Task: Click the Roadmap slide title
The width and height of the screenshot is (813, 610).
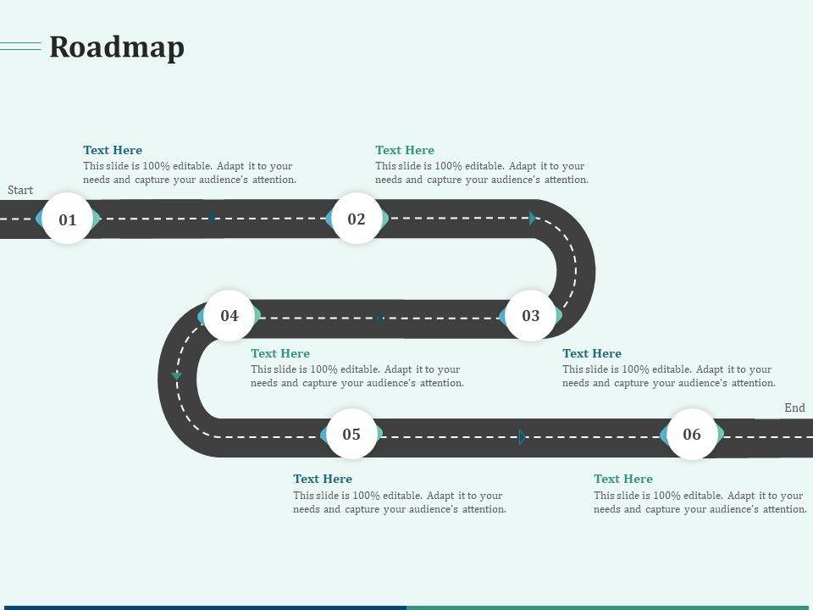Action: pyautogui.click(x=117, y=47)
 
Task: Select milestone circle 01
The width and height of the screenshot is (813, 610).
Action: pyautogui.click(x=68, y=219)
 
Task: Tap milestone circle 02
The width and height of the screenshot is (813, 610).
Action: pyautogui.click(x=357, y=219)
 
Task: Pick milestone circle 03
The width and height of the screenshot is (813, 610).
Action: pyautogui.click(x=531, y=316)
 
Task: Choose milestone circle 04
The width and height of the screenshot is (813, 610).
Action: pyautogui.click(x=230, y=316)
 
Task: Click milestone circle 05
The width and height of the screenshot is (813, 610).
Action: pyautogui.click(x=351, y=435)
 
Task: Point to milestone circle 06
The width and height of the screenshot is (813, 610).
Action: pyautogui.click(x=692, y=435)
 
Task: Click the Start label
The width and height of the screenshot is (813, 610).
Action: pyautogui.click(x=20, y=190)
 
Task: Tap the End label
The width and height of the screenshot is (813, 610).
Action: pyautogui.click(x=794, y=408)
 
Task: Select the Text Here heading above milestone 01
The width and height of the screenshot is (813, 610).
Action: pyautogui.click(x=113, y=150)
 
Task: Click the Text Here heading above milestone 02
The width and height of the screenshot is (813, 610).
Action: pyautogui.click(x=405, y=150)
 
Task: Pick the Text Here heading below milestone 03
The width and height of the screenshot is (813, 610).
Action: pyautogui.click(x=592, y=353)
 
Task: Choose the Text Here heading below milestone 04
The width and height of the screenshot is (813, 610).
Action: pyautogui.click(x=280, y=353)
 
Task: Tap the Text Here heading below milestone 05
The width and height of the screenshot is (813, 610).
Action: pyautogui.click(x=323, y=479)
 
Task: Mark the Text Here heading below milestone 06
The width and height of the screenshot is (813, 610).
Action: pyautogui.click(x=623, y=479)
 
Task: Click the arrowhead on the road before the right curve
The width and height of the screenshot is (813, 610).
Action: pyautogui.click(x=533, y=219)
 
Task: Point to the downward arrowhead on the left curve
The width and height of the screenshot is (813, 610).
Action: pyautogui.click(x=177, y=374)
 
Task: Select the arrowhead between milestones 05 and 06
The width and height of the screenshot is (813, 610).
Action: pyautogui.click(x=523, y=437)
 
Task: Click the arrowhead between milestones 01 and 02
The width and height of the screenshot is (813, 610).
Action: pyautogui.click(x=213, y=218)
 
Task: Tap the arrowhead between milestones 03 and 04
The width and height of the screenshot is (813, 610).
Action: pyautogui.click(x=379, y=318)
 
